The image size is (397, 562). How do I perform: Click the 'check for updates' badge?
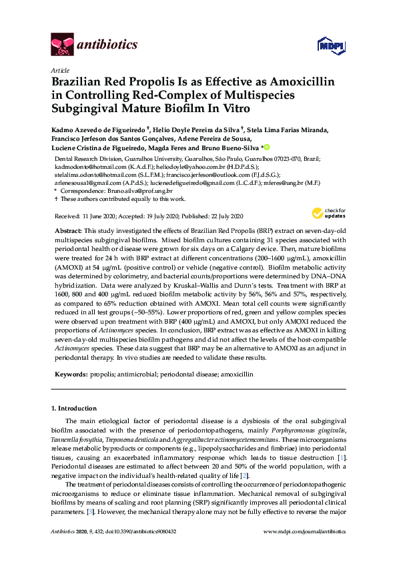tap(325, 214)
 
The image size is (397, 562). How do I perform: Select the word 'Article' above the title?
tap(59, 70)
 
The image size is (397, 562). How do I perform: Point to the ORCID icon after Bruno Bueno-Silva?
tap(266, 148)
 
